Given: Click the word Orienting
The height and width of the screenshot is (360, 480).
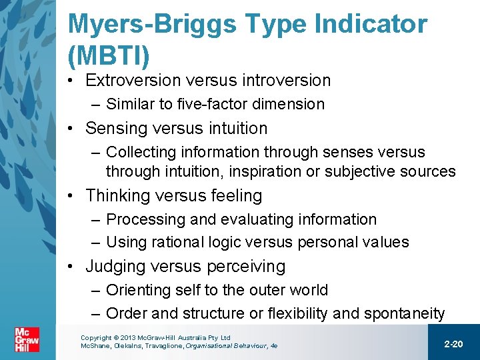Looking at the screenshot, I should coord(136,290).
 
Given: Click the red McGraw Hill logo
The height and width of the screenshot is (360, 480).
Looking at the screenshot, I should coord(27,341).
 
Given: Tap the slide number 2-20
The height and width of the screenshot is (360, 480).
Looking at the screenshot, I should coord(453,343).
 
